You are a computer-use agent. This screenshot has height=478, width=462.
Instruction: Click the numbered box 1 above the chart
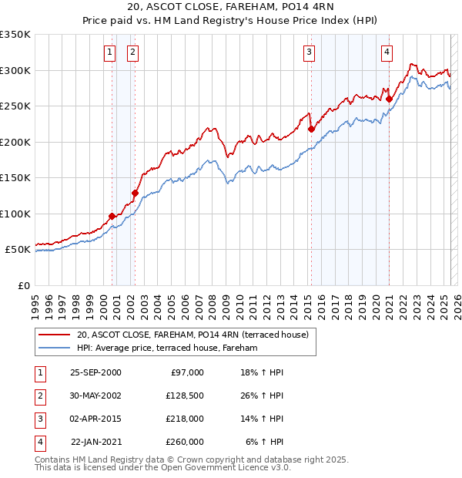pyautogui.click(x=109, y=52)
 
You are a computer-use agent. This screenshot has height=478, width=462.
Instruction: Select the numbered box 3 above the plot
pyautogui.click(x=309, y=52)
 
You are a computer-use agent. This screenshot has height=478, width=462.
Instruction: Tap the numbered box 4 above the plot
pyautogui.click(x=387, y=52)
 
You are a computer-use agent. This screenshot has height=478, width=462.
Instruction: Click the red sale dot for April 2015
pyautogui.click(x=311, y=129)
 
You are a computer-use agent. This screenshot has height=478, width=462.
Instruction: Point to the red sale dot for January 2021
pyautogui.click(x=390, y=99)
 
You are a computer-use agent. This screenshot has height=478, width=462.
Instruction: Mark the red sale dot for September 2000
pyautogui.click(x=112, y=216)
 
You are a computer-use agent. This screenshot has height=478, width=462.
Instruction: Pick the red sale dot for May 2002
pyautogui.click(x=135, y=193)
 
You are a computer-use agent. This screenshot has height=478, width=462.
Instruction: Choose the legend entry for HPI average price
pyautogui.click(x=167, y=348)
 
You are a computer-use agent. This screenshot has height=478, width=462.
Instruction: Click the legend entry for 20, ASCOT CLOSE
pyautogui.click(x=192, y=335)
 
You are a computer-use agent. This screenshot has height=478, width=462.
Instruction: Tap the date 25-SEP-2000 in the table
pyautogui.click(x=95, y=373)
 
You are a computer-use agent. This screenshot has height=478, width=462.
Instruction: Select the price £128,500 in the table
pyautogui.click(x=185, y=396)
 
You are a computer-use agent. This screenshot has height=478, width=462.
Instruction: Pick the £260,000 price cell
pyautogui.click(x=185, y=443)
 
